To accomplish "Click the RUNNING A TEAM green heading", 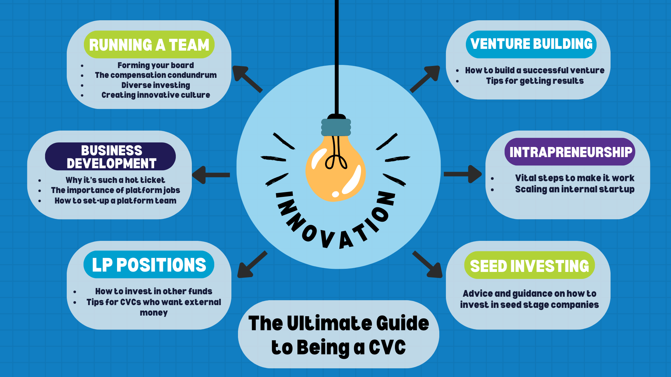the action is point(149,45).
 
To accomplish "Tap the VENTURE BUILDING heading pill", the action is point(531,44).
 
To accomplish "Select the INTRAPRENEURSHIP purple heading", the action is point(570,152).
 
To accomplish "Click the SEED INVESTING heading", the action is point(529,265).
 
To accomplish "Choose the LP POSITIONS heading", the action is point(149,265).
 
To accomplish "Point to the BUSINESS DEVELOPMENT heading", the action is point(110,156).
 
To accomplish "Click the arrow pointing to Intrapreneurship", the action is point(463,174).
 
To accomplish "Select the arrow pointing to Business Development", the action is point(211,175).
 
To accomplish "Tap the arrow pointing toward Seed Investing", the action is point(427,264).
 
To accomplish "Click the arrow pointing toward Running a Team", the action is point(247,79).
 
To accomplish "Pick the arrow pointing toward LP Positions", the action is point(252,264).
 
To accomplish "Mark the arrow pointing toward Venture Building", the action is point(425,79).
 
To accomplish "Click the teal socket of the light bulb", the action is point(336,127).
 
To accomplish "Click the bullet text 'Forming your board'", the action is point(156,65).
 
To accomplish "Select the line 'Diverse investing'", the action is point(156,85).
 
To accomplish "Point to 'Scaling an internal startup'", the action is point(575,189).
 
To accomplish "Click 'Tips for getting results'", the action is point(535,81).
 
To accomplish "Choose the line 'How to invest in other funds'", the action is point(154,291).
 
